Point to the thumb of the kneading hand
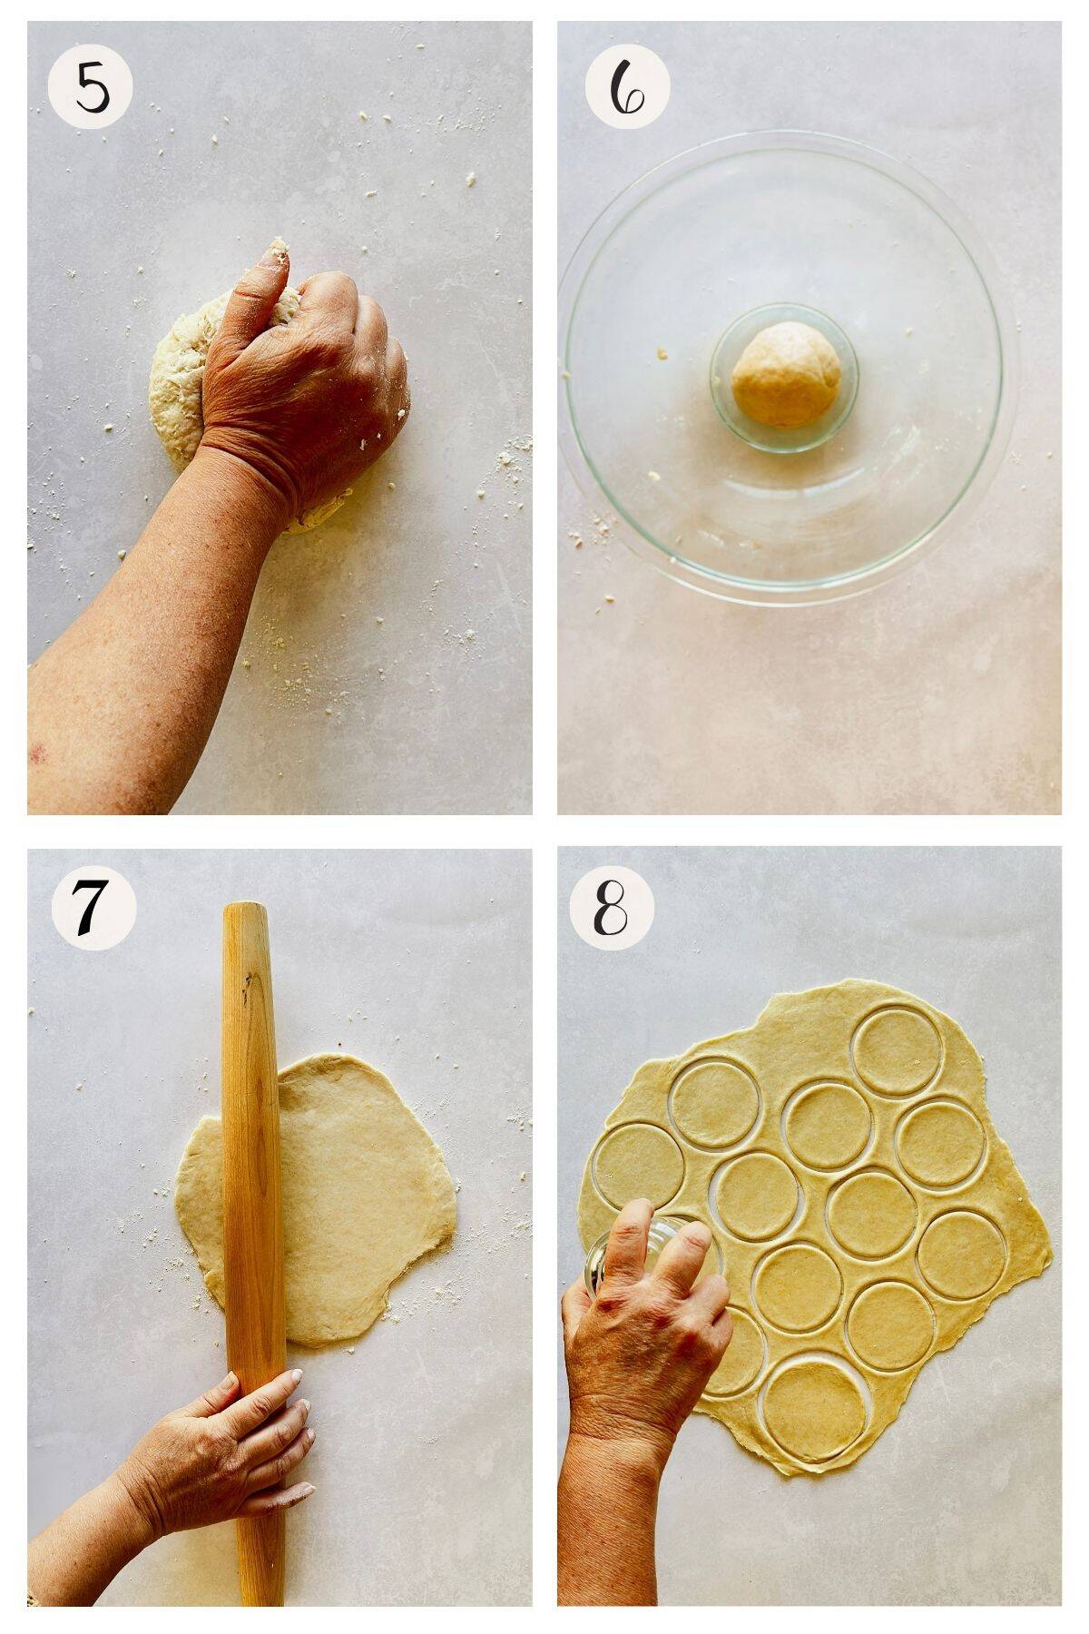click(x=272, y=272)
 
